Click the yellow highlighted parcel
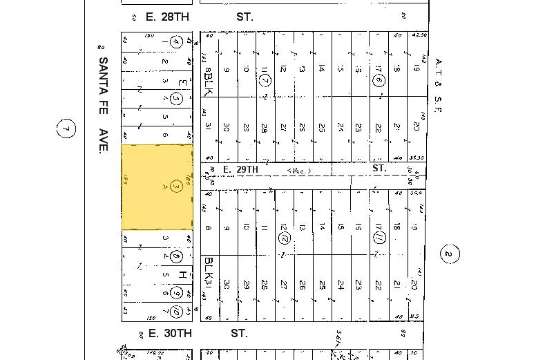pos(157,187)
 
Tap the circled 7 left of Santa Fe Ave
pos(66,129)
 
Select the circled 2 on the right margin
pos(448,254)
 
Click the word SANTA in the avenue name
pos(104,71)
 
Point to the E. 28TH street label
pos(166,17)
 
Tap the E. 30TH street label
pos(169,333)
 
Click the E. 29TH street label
pos(240,169)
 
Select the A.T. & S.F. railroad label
pos(438,86)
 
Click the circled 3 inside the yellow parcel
pos(175,187)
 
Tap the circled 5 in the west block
pos(175,99)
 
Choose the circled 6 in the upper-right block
pos(379,80)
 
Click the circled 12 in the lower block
pos(284,238)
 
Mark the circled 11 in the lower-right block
pos(379,238)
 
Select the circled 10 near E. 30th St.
pos(175,313)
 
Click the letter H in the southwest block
pos(182,275)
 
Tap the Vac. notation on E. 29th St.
pos(299,171)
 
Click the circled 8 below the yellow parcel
pos(175,257)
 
